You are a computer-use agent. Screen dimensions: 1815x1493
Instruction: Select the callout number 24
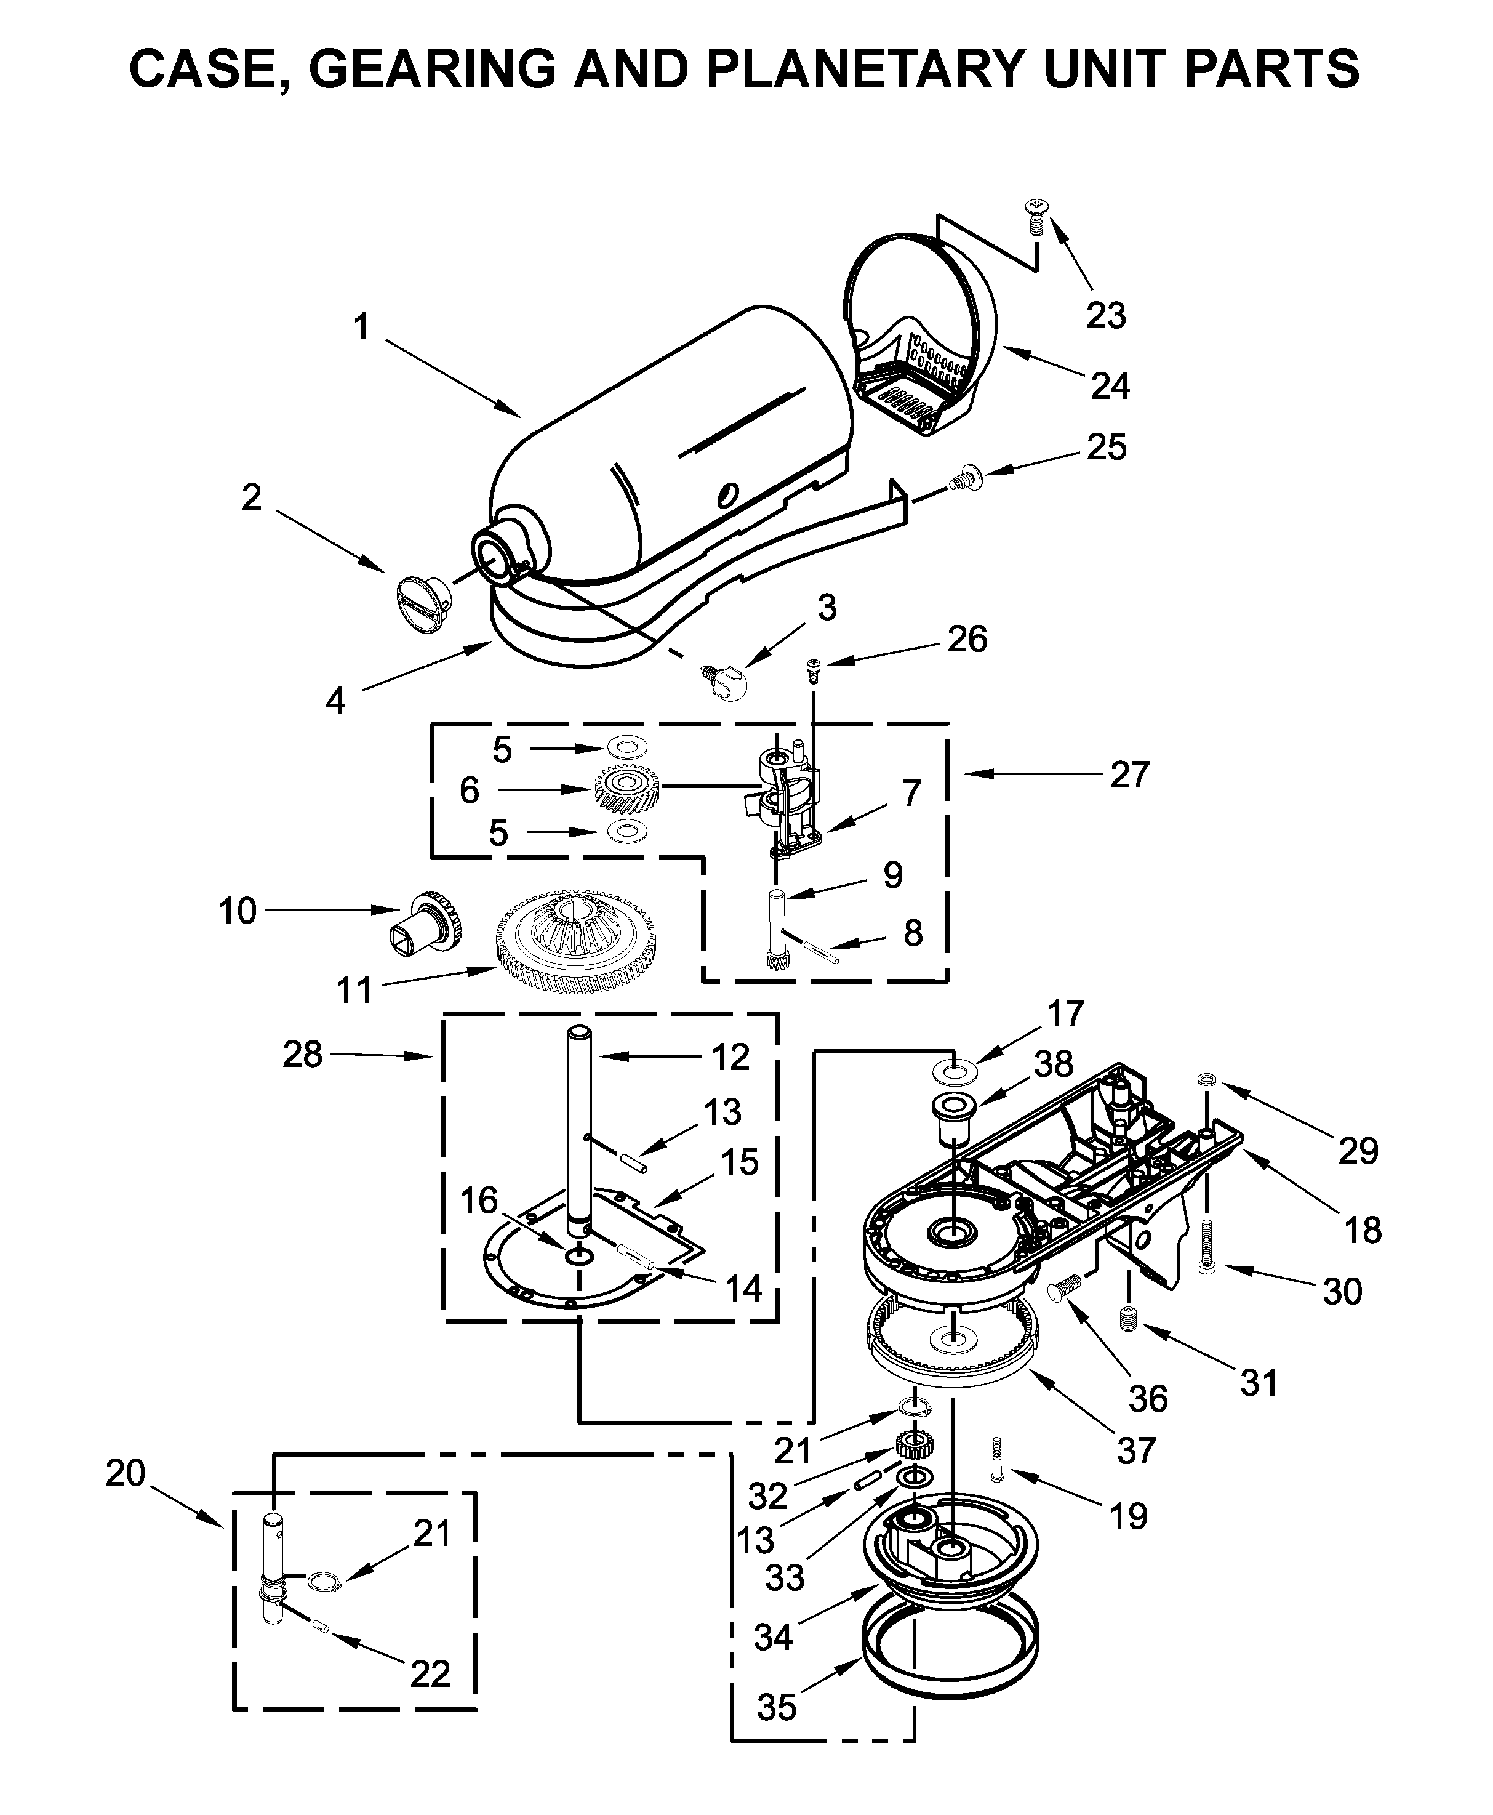[x=1110, y=385]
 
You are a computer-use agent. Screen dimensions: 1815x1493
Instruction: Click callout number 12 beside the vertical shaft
[x=730, y=1057]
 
